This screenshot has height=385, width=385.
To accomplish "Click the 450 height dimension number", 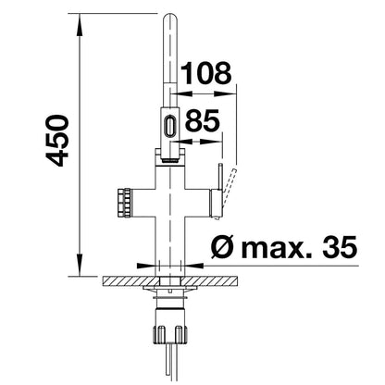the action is click(x=57, y=141).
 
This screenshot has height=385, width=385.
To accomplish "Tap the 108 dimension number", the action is click(x=205, y=73).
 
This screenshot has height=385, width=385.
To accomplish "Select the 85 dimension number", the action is click(x=203, y=120).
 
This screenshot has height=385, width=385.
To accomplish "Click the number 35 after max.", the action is click(x=340, y=247).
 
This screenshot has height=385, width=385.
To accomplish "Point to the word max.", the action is click(x=277, y=249).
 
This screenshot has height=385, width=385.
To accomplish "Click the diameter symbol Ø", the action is click(x=223, y=247).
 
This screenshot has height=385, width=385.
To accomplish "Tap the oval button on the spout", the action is click(x=170, y=125).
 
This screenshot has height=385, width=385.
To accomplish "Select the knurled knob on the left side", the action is click(x=124, y=203).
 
